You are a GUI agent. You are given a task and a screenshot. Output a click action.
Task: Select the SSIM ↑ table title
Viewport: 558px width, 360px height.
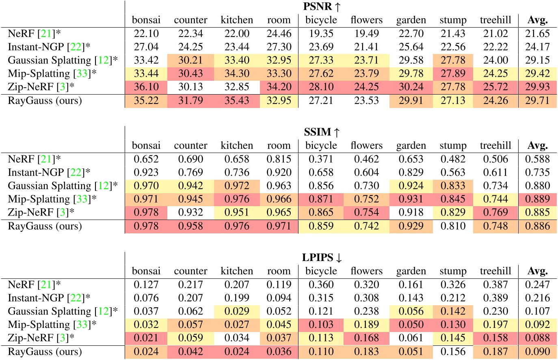pyautogui.click(x=321, y=132)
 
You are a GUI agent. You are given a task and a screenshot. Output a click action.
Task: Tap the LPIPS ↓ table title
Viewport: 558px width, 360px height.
pyautogui.click(x=321, y=257)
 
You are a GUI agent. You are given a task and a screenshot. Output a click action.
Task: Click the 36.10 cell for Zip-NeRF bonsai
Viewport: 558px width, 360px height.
pyautogui.click(x=146, y=87)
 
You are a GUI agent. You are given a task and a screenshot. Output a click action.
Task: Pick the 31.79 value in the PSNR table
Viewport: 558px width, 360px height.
pyautogui.click(x=190, y=101)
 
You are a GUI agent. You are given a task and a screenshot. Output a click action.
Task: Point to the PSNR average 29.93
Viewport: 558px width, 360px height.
pyautogui.click(x=537, y=87)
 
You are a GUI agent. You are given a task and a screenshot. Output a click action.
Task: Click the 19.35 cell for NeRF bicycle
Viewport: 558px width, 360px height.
pyautogui.click(x=321, y=33)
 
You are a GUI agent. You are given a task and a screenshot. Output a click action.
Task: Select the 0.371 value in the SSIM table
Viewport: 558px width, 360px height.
pyautogui.click(x=321, y=159)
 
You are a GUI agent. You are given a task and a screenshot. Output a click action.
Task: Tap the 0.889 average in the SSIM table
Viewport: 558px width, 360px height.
pyautogui.click(x=537, y=199)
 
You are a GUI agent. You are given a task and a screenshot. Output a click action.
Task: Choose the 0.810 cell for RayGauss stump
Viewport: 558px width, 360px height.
pyautogui.click(x=453, y=226)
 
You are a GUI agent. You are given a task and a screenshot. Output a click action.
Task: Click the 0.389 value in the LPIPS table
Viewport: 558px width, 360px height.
pyautogui.click(x=495, y=298)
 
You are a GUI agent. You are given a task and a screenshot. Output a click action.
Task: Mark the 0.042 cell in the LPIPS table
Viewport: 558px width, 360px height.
pyautogui.click(x=190, y=351)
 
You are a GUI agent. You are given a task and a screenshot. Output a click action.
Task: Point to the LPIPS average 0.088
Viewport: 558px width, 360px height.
pyautogui.click(x=537, y=338)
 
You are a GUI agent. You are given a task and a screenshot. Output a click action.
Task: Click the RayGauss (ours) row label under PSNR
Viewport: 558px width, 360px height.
pyautogui.click(x=45, y=101)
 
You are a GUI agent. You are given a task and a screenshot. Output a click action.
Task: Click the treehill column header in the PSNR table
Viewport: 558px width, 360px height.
pyautogui.click(x=495, y=20)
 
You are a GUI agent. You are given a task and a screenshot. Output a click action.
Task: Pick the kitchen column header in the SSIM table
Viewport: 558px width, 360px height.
pyautogui.click(x=237, y=145)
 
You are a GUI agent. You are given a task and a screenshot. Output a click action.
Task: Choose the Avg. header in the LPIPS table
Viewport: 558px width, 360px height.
pyautogui.click(x=537, y=271)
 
